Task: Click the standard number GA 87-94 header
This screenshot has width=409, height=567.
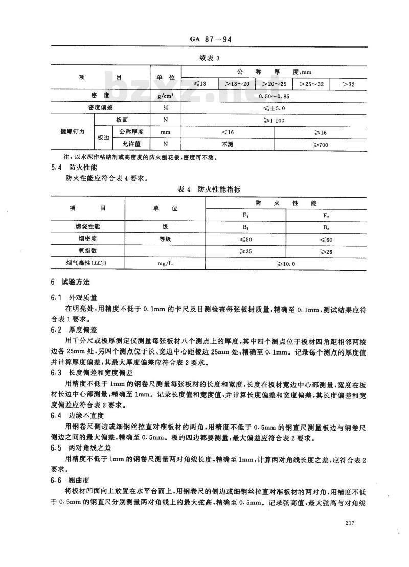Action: (x=207, y=38)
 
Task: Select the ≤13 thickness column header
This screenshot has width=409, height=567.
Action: (x=199, y=84)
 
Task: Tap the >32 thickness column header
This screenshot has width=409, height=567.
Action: (x=348, y=84)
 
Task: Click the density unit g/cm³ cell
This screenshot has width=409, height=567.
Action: (x=165, y=96)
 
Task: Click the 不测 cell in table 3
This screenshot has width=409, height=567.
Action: (x=227, y=145)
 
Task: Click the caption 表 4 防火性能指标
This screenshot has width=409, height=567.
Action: (x=208, y=189)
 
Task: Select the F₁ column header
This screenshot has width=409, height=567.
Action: (x=245, y=215)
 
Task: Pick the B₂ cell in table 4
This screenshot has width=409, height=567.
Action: (x=326, y=226)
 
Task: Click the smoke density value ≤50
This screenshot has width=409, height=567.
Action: (x=245, y=239)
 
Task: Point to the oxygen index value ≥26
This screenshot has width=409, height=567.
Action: (x=326, y=251)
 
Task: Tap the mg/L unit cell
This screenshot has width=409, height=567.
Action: (x=165, y=264)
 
